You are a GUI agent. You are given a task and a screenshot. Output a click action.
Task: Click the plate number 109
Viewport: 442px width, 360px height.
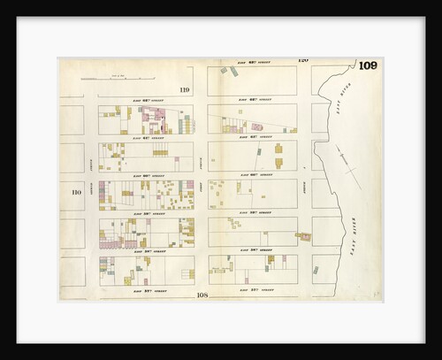point(370,65)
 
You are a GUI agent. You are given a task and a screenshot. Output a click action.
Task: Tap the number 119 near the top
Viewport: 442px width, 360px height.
point(184,89)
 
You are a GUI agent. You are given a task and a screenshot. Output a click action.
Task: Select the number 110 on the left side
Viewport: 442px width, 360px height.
point(76,191)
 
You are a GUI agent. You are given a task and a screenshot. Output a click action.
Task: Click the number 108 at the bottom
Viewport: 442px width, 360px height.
point(202,295)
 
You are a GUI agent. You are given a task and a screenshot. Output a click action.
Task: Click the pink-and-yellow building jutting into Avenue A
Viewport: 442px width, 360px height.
point(304,236)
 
